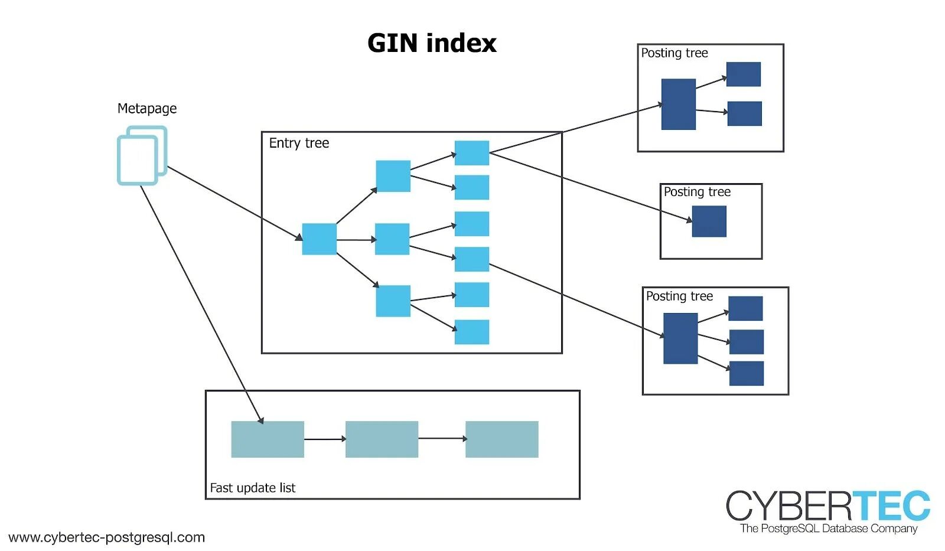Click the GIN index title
(x=432, y=43)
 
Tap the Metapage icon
(x=142, y=155)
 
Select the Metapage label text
(x=147, y=109)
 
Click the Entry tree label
(x=299, y=143)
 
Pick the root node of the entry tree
(x=319, y=239)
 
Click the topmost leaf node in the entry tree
(x=471, y=153)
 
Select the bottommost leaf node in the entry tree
(x=471, y=332)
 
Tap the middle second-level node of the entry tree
(x=392, y=239)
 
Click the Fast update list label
(x=252, y=488)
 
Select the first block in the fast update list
(x=267, y=439)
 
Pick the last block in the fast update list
(x=501, y=439)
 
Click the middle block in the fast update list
(x=382, y=439)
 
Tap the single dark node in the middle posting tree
(x=709, y=221)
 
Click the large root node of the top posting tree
(x=678, y=104)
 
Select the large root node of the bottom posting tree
(x=680, y=338)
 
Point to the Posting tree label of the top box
(x=674, y=53)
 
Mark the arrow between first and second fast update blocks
(x=324, y=439)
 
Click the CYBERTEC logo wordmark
(x=827, y=506)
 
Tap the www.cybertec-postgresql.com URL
(x=106, y=537)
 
